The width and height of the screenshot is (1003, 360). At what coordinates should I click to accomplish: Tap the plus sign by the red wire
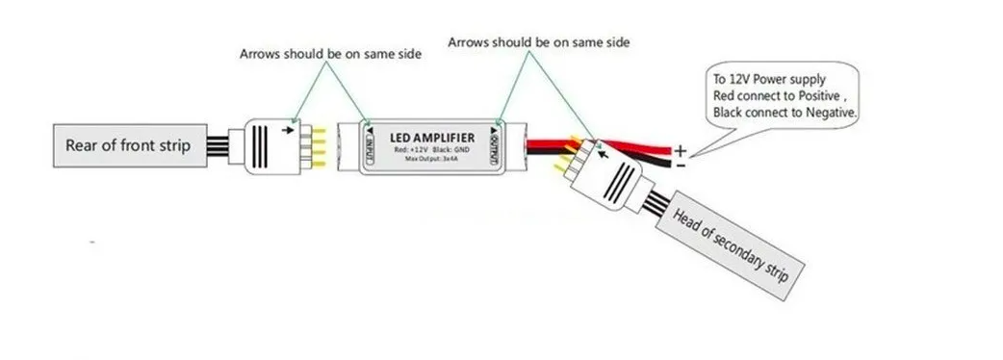[681, 151]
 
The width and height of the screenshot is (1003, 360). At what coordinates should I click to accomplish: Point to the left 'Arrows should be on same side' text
[330, 54]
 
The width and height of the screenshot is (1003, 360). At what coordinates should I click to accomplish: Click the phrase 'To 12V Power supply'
[767, 78]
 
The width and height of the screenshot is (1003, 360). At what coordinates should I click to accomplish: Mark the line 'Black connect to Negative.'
[785, 113]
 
